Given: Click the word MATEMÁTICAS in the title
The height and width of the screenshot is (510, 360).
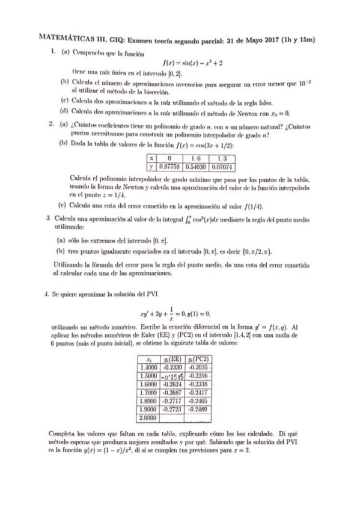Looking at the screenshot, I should click(x=61, y=38).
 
